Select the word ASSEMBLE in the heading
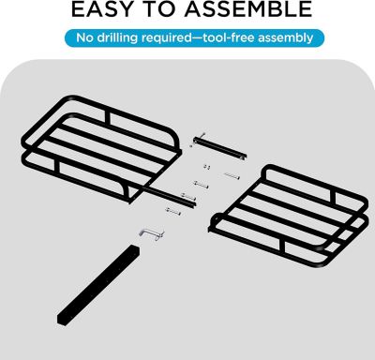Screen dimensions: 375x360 click(248, 8)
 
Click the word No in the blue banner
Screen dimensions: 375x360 click(84, 37)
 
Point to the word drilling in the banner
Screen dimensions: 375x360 click(117, 38)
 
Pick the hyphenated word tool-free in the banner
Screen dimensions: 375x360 click(229, 37)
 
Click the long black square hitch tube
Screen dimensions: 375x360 click(98, 285)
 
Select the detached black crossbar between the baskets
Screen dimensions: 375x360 click(219, 148)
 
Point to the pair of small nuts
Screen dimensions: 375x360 click(206, 167)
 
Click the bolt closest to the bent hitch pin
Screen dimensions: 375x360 click(173, 211)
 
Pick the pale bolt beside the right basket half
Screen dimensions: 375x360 click(232, 176)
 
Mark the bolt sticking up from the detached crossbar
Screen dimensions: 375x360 click(202, 137)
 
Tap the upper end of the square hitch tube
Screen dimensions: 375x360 click(134, 249)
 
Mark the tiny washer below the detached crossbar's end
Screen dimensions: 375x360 click(190, 145)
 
